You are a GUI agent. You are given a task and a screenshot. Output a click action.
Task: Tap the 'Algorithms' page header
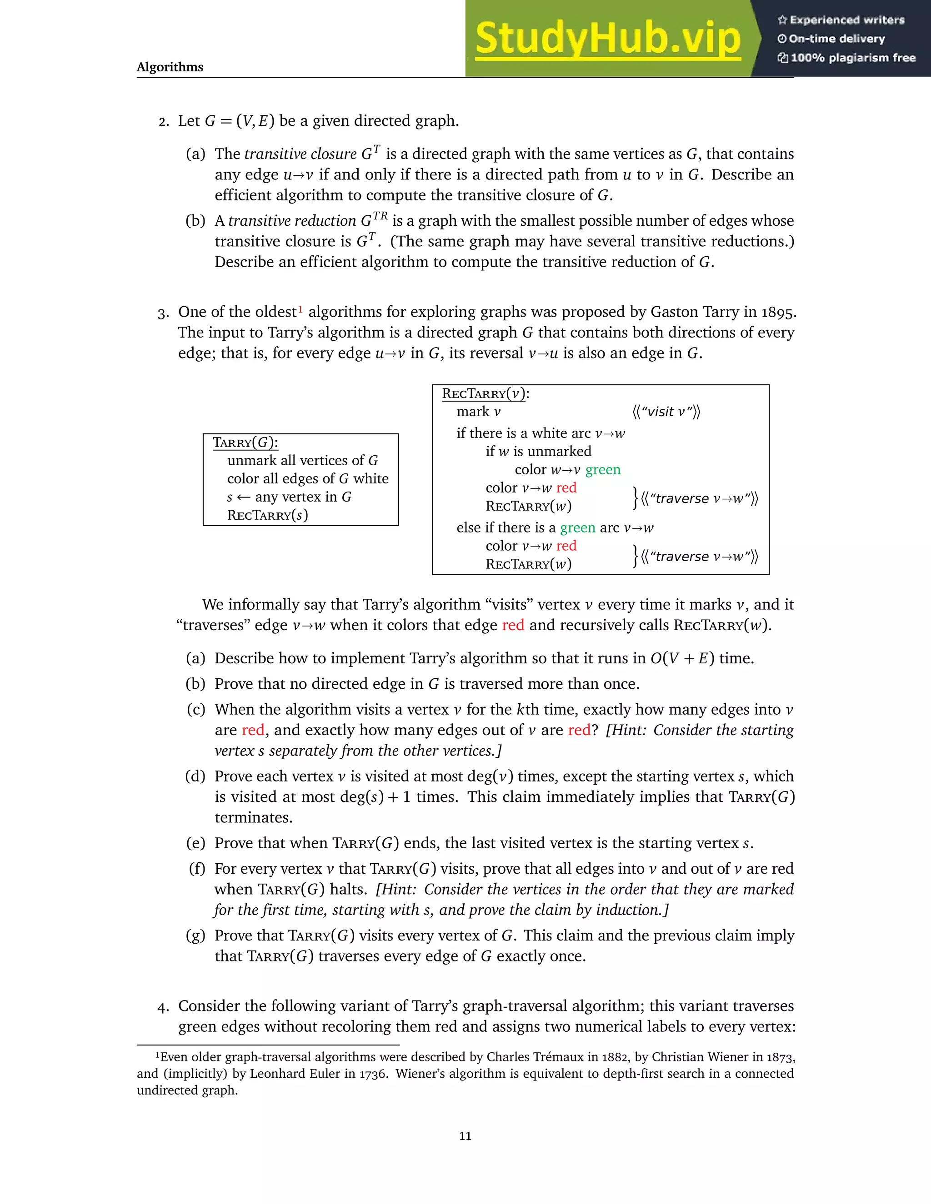pos(170,67)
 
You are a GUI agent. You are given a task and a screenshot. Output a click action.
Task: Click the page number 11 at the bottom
pos(465,1136)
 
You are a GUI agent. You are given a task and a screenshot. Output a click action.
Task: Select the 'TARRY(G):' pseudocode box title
pos(245,443)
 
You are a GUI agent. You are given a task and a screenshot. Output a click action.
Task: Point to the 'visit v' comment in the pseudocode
pos(666,412)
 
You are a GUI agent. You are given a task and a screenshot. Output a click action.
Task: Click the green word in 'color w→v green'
pos(603,470)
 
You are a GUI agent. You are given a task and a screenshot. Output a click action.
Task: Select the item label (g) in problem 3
pos(196,935)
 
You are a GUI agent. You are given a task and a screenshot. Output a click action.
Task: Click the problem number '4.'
pos(163,1007)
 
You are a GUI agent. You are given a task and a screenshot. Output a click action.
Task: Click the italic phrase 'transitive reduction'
pos(292,221)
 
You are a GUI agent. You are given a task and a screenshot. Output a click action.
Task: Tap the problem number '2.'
pos(163,121)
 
